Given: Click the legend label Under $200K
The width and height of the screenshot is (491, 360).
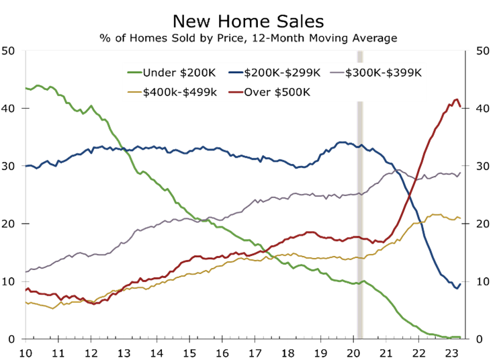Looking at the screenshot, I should point(179,73).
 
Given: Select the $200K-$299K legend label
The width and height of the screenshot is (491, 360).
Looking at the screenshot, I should point(282,73).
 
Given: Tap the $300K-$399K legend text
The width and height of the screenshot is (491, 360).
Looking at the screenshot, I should point(383,73).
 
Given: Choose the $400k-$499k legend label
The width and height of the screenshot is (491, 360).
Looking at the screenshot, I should point(179,92).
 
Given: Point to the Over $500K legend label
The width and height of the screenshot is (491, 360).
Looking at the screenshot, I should point(277,92).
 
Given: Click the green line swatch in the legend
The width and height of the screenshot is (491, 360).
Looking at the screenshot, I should point(134,73).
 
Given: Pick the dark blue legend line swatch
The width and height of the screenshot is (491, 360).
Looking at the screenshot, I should point(235,73).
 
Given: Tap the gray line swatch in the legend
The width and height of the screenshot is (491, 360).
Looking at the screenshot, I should point(337,73).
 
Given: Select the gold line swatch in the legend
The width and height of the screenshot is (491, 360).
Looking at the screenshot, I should point(134,92).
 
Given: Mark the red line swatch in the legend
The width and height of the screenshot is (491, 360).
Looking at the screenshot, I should point(235,92).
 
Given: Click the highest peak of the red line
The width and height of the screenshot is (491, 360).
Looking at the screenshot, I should point(457,99).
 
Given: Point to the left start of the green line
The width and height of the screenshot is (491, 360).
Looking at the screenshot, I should point(26,88).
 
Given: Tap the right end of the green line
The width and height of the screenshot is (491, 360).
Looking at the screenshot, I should point(461,337).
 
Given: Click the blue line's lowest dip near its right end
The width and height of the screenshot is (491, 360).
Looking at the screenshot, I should point(457,288).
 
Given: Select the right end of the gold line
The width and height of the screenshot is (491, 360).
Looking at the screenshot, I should point(461,218).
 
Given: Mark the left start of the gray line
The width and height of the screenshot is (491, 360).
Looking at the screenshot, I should point(26,272).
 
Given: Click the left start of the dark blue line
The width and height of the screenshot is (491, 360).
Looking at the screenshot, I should point(26,166).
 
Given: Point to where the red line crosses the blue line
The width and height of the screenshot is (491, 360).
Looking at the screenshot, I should point(407,190).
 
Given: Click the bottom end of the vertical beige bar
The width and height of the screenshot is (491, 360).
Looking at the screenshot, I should point(360,337).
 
